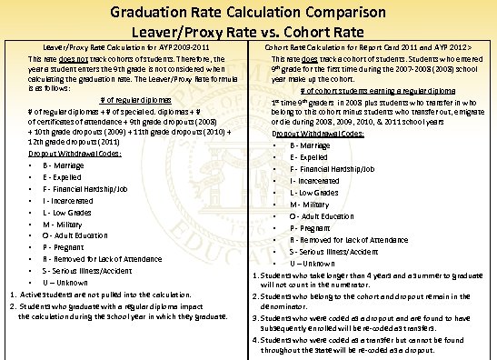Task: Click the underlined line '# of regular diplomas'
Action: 134,99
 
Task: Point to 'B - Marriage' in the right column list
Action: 311,145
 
